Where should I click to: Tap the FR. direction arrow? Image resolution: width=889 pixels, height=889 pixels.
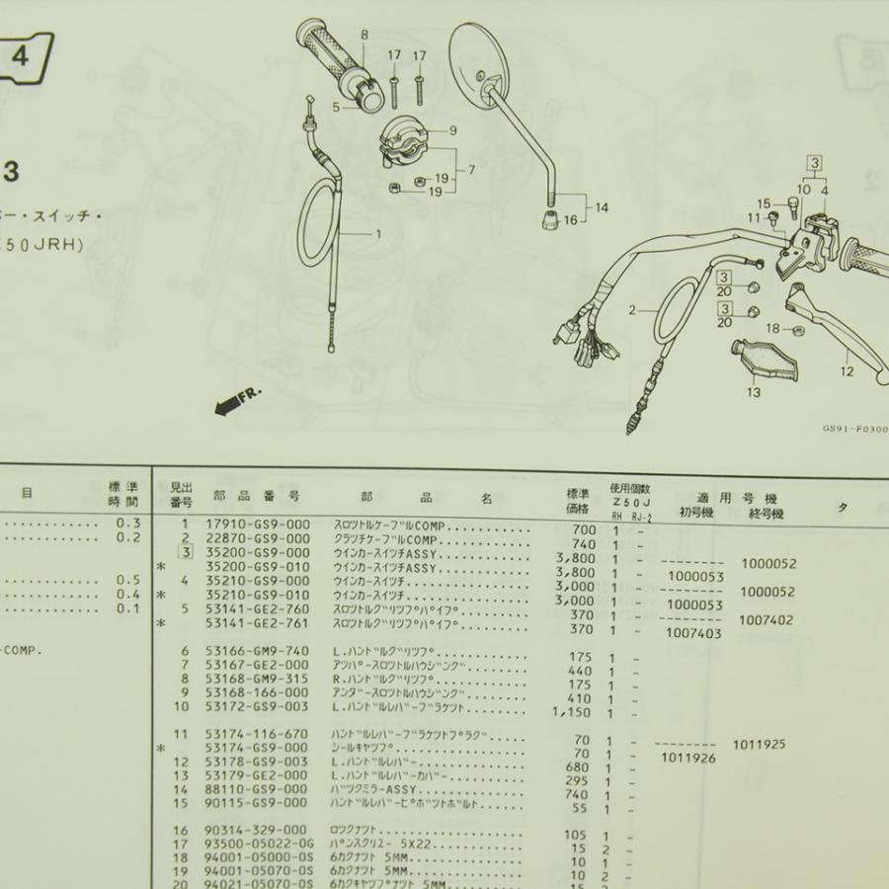click(235, 398)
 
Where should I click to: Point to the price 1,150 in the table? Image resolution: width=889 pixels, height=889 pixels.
click(573, 711)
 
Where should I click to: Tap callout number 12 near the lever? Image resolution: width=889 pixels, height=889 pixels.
click(847, 371)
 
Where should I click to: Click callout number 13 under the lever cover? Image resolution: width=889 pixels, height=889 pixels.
click(754, 392)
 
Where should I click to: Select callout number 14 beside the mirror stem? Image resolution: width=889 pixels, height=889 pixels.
click(603, 208)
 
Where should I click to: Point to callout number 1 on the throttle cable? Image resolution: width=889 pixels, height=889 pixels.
click(376, 235)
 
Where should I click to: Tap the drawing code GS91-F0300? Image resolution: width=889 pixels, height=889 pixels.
click(853, 431)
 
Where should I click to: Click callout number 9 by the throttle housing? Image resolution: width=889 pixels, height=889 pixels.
click(452, 130)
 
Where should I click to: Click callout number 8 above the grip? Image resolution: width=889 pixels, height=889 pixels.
click(364, 35)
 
